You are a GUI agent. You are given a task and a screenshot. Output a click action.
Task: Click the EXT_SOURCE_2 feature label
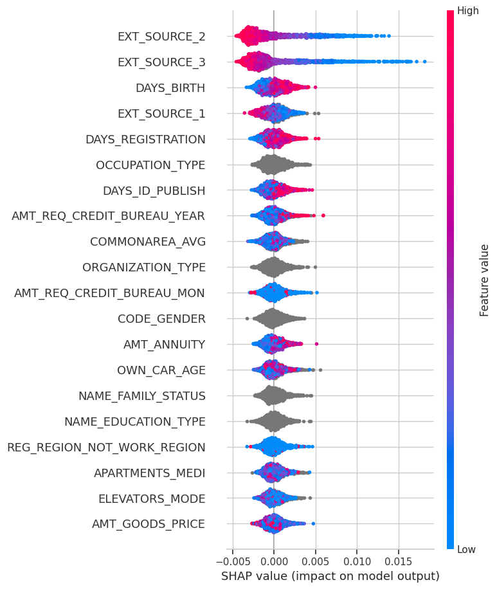(x=161, y=37)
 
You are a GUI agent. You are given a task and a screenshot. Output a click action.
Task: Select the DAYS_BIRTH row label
(x=170, y=88)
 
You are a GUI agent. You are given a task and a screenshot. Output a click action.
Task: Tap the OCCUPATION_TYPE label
(x=150, y=165)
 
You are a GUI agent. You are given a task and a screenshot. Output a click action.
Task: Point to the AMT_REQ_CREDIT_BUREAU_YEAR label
(x=108, y=216)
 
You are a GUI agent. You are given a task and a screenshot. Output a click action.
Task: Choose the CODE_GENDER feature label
(x=161, y=319)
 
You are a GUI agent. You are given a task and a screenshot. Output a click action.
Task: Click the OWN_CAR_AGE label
(x=161, y=370)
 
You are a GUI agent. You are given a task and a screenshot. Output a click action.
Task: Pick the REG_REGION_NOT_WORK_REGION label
(x=106, y=448)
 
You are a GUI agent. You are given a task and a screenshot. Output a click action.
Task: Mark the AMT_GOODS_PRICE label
(x=149, y=524)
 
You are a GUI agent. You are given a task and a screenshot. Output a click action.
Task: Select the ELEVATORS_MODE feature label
(x=152, y=499)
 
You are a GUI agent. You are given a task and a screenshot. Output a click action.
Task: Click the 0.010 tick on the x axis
(x=357, y=562)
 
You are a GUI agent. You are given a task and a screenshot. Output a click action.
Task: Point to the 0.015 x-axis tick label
(x=399, y=562)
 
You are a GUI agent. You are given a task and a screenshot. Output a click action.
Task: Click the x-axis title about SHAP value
(x=330, y=576)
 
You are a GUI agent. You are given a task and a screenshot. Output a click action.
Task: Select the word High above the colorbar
(x=467, y=10)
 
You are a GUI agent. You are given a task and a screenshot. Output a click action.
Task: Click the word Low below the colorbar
(x=466, y=550)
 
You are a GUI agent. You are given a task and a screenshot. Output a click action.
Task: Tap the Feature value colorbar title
(x=484, y=280)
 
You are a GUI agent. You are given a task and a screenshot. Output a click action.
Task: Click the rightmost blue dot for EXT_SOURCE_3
(x=424, y=62)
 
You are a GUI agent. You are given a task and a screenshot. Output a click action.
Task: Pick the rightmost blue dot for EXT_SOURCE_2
(x=389, y=36)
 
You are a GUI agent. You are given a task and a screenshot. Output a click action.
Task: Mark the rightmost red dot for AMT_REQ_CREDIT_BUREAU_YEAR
(x=323, y=215)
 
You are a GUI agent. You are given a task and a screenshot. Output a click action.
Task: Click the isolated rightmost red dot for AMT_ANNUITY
(x=316, y=344)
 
